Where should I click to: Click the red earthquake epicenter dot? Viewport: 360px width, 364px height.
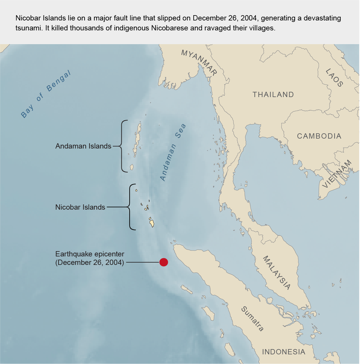tap(164, 262)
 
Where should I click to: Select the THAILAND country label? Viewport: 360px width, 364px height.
tap(273, 95)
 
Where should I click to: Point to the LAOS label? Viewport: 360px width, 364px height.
tap(334, 78)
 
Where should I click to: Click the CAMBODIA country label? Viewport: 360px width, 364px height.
tap(319, 136)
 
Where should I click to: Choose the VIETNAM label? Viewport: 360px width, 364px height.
tap(337, 174)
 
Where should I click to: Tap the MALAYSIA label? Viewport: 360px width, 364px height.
tap(276, 273)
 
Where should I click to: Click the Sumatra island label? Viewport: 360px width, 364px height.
tap(252, 319)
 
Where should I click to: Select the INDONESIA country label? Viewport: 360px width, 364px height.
tap(283, 352)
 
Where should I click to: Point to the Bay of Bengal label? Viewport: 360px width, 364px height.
tap(46, 94)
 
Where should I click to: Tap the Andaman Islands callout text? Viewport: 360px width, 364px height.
tap(83, 147)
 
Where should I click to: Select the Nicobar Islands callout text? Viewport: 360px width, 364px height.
tap(80, 207)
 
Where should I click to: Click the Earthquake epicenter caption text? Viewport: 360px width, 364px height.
tap(90, 258)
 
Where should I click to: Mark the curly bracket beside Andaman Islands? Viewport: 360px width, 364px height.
tap(123, 146)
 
